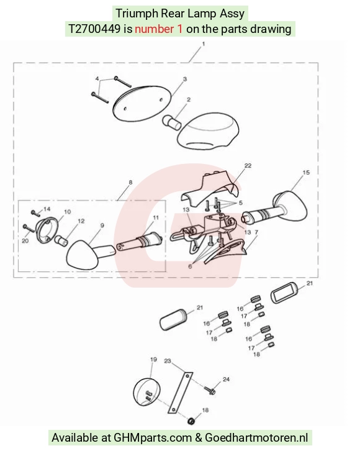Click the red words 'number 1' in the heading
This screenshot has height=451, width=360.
point(159,29)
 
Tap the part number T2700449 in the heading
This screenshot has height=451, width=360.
point(94,29)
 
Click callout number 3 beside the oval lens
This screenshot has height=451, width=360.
point(185,79)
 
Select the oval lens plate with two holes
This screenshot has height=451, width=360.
point(142,103)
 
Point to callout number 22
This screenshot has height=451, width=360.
point(248,166)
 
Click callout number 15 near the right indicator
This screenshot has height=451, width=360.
point(306,172)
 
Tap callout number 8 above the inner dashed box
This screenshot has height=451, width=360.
point(131,183)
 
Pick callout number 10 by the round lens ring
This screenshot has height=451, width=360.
point(67,212)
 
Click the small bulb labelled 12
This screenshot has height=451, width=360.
point(62,240)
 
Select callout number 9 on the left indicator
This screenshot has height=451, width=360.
point(102,225)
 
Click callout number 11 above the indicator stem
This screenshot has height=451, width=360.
point(155,217)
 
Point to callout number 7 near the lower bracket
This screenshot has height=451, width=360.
point(256,232)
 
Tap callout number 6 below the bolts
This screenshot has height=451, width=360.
point(190,266)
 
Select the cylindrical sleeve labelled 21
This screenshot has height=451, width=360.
point(173,319)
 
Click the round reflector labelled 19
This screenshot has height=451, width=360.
point(147,392)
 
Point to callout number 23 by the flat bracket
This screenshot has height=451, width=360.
point(168,361)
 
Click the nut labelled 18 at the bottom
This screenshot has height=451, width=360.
point(191,421)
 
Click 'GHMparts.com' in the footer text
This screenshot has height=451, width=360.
point(153,438)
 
